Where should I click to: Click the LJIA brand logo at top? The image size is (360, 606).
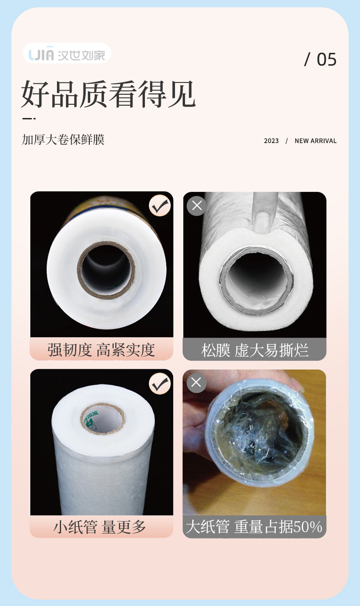click(67, 54)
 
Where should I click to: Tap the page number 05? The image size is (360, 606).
click(326, 60)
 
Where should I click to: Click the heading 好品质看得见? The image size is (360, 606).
click(108, 94)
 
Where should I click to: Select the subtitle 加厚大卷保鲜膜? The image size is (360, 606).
click(63, 139)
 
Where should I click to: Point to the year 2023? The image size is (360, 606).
click(271, 141)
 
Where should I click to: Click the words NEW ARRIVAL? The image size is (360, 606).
click(316, 141)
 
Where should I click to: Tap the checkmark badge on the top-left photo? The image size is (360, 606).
click(160, 205)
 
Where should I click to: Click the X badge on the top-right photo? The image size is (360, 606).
click(197, 205)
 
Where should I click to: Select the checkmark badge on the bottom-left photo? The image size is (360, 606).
click(160, 383)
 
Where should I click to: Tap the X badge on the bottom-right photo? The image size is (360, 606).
click(196, 383)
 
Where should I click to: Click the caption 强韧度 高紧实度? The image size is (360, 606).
click(101, 350)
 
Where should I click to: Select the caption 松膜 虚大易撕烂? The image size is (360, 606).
click(255, 350)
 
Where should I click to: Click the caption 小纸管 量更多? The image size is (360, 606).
click(100, 526)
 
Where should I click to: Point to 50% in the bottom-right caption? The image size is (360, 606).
click(308, 526)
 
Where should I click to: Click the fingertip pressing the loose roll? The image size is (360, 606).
click(262, 223)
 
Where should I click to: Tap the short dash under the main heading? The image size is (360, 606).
click(29, 118)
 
